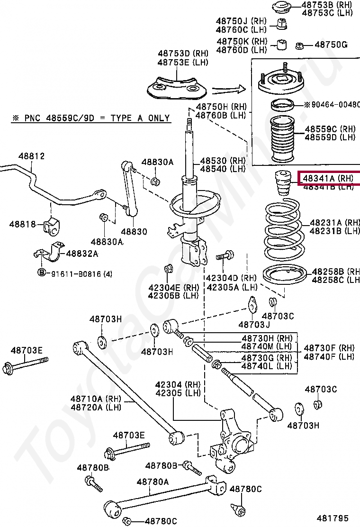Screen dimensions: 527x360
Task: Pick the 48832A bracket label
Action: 82,254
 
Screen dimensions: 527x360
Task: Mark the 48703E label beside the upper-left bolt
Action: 27,350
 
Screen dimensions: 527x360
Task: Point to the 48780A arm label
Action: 153,482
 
